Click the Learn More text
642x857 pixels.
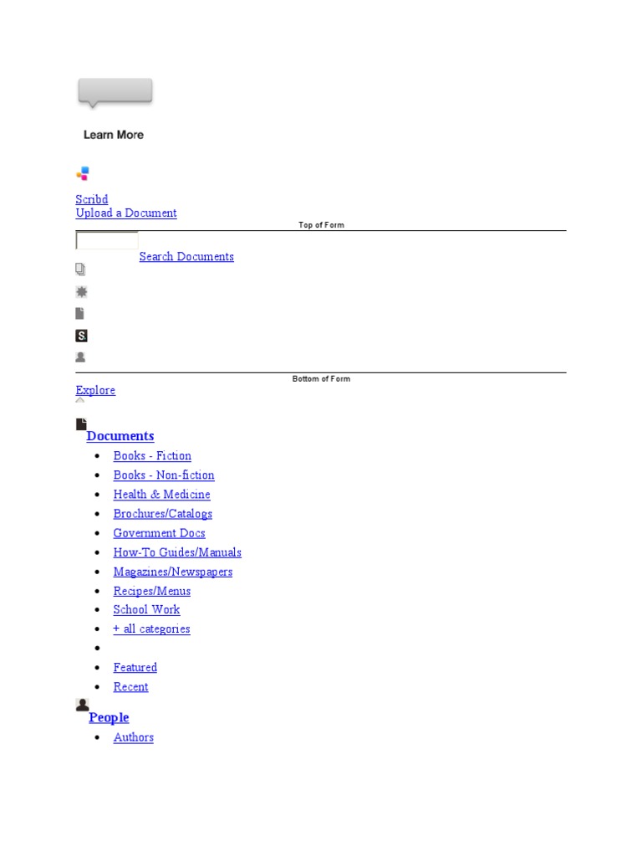pyautogui.click(x=113, y=135)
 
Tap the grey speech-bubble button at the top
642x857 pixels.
pyautogui.click(x=115, y=91)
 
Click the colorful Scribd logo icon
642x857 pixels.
pyautogui.click(x=82, y=174)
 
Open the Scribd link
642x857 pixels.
pyautogui.click(x=92, y=199)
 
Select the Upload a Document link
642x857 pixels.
pyautogui.click(x=126, y=213)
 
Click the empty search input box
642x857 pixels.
pyautogui.click(x=107, y=241)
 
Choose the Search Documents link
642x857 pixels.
pyautogui.click(x=186, y=256)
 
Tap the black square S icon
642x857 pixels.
pyautogui.click(x=81, y=336)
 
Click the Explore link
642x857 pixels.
pyautogui.click(x=95, y=390)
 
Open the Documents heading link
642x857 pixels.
pyautogui.click(x=120, y=436)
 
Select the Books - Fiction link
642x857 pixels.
pyautogui.click(x=152, y=455)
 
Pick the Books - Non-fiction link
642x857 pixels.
pyautogui.click(x=164, y=475)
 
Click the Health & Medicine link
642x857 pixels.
pyautogui.click(x=161, y=494)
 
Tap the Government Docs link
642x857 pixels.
pyautogui.click(x=159, y=532)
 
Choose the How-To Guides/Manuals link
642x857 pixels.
pyautogui.click(x=177, y=552)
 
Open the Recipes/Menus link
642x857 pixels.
pyautogui.click(x=152, y=590)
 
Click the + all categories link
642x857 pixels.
pyautogui.click(x=151, y=629)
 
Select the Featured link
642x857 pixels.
pyautogui.click(x=135, y=667)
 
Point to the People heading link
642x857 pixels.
pyautogui.click(x=109, y=717)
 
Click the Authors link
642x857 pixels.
pyautogui.click(x=134, y=736)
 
